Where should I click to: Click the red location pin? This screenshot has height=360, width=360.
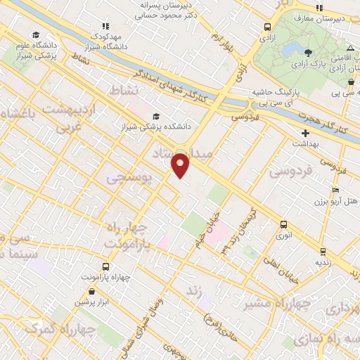[x=181, y=165]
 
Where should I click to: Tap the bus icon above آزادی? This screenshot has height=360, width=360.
[x=267, y=27]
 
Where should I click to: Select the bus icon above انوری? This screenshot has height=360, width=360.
[x=284, y=225]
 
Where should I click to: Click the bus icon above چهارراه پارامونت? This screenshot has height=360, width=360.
[x=105, y=267]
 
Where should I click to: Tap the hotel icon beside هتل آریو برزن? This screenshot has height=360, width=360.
[x=335, y=191]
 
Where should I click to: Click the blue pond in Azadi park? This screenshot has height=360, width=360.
[x=289, y=49]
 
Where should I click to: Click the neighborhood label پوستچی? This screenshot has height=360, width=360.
[x=129, y=179]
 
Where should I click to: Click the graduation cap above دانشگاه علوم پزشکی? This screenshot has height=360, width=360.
[x=36, y=34]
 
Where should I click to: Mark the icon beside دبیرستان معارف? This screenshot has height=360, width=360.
[x=320, y=8]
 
